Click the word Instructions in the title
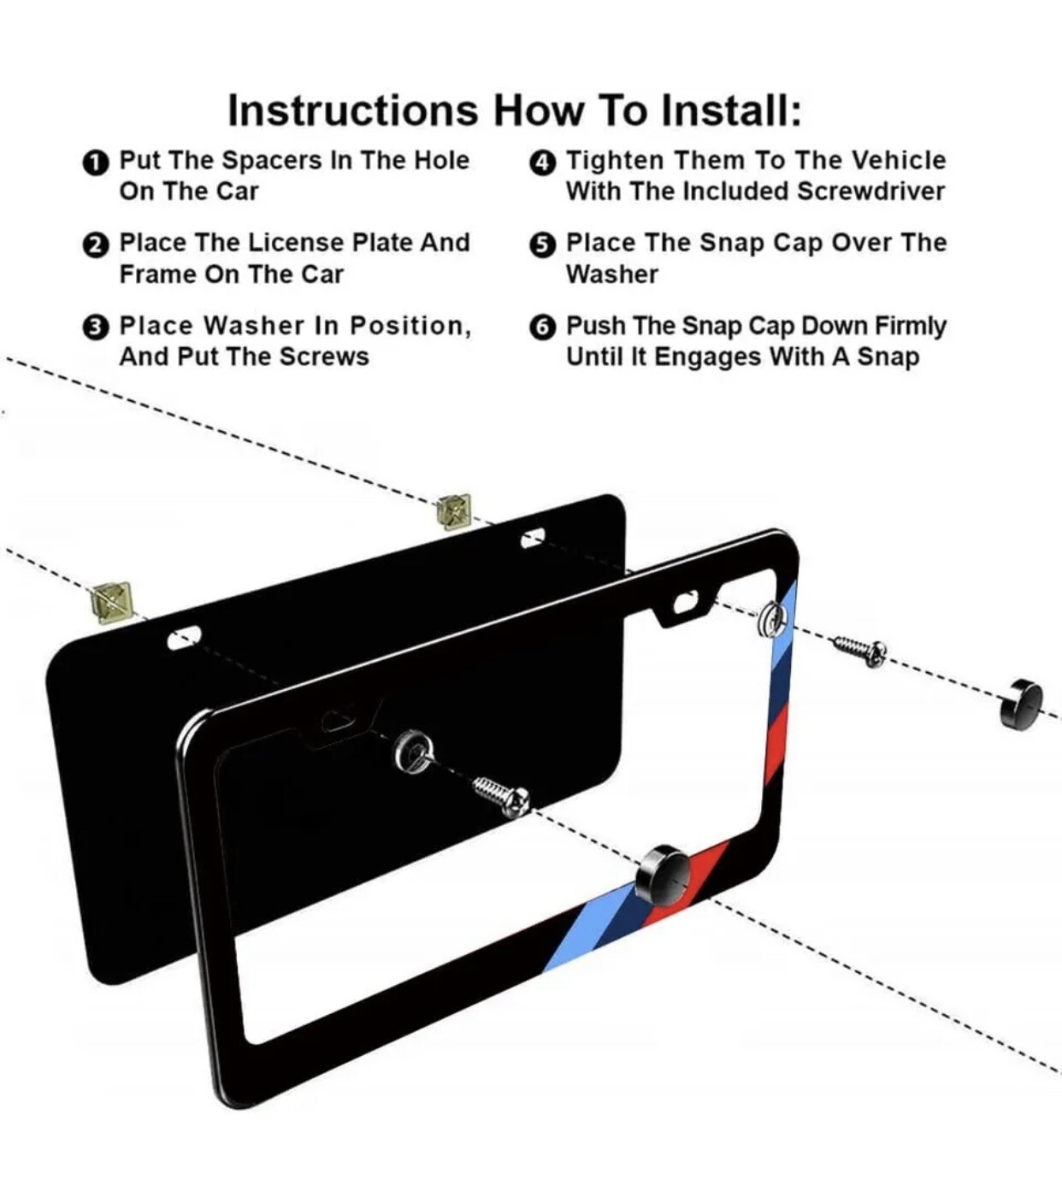353,109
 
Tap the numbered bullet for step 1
96,162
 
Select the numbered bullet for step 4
542,162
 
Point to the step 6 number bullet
542,327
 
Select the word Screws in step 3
324,357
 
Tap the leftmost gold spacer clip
112,603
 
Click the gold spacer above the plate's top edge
454,511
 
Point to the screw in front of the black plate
502,798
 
